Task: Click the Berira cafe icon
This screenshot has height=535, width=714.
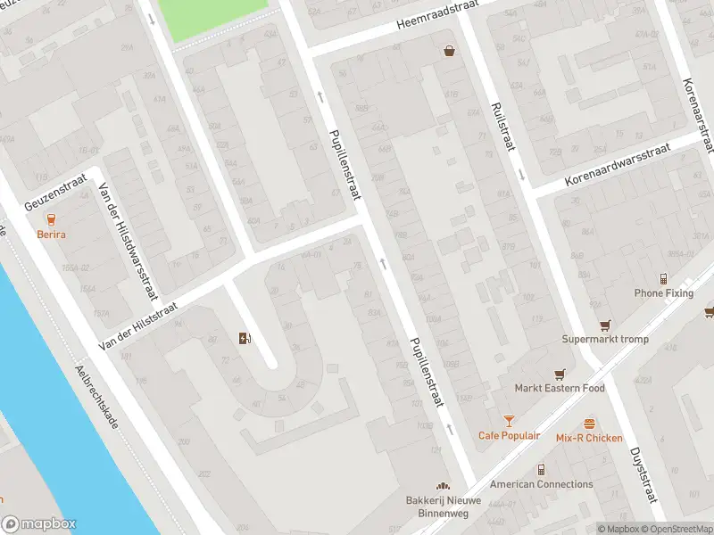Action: click(51, 219)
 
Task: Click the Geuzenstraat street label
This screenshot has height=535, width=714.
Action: click(54, 191)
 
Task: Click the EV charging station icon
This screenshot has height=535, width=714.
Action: click(245, 338)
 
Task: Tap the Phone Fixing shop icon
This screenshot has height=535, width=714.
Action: click(663, 279)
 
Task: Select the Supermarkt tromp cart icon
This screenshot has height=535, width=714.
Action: click(605, 325)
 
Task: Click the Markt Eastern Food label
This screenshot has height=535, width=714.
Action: click(560, 388)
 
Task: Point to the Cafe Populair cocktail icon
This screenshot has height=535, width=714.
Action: click(509, 421)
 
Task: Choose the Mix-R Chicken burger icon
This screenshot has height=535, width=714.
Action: click(589, 424)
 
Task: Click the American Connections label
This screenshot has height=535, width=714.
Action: click(541, 484)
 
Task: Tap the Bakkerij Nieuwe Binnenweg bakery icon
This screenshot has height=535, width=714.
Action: click(443, 485)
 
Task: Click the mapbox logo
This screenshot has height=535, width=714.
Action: click(38, 524)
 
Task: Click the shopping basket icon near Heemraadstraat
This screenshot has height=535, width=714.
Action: click(449, 51)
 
